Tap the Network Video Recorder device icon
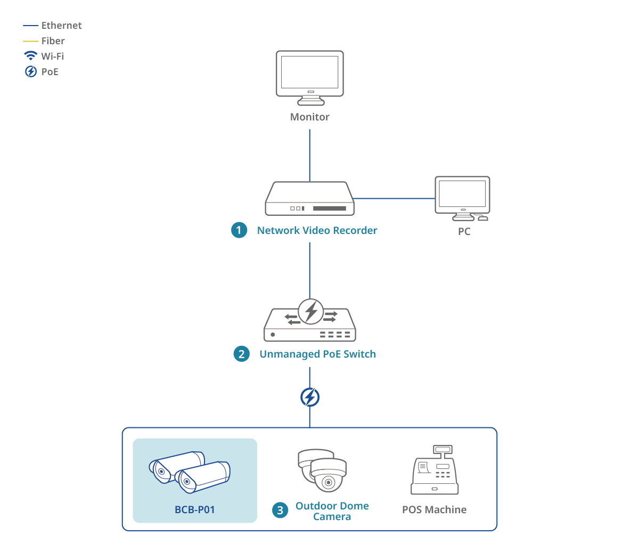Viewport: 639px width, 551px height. [310, 199]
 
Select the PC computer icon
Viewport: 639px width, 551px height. [462, 198]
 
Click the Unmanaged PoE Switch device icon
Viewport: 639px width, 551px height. [310, 322]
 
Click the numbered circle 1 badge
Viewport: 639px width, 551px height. [239, 230]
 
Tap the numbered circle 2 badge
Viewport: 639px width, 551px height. [242, 354]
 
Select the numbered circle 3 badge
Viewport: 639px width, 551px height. [280, 511]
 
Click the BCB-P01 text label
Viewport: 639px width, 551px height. [195, 510]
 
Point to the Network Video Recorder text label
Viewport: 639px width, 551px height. [317, 230]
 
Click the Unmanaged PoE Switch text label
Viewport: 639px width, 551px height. [317, 354]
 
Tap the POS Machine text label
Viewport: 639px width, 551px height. [434, 510]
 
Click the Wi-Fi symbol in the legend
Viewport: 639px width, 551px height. [30, 56]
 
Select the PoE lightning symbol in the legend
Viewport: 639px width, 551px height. [31, 71]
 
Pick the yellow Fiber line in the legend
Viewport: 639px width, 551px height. [30, 41]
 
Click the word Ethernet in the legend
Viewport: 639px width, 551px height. [61, 26]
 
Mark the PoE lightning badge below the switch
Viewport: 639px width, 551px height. [310, 397]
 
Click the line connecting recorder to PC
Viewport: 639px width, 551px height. [394, 198]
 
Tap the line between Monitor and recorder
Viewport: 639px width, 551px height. [310, 155]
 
